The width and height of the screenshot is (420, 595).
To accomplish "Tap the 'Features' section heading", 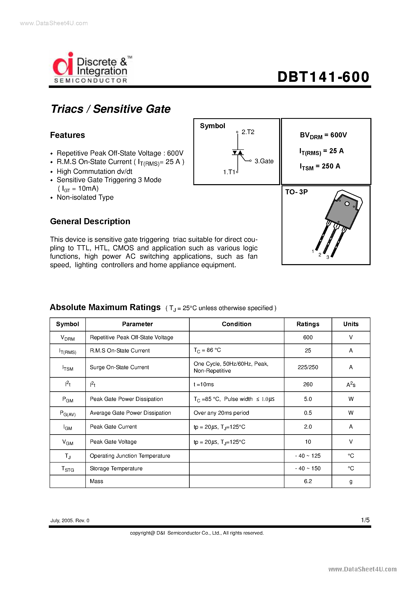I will (67, 135).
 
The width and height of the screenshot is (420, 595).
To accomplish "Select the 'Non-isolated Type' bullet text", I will (85, 197).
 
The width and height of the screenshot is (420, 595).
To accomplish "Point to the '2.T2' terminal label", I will (248, 132).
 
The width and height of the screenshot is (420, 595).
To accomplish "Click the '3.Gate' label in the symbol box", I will (264, 161).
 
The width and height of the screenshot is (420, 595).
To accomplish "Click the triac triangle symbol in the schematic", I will (238, 152).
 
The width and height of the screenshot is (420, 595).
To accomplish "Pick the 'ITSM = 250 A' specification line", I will (320, 166).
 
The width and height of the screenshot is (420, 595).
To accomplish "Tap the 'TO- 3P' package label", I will (296, 192).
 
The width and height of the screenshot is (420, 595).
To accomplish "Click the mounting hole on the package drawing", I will (347, 204).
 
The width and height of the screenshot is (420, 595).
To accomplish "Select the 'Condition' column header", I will (236, 324).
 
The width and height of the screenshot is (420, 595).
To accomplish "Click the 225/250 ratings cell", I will (308, 367).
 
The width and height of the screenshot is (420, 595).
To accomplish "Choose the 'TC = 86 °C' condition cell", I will (207, 350).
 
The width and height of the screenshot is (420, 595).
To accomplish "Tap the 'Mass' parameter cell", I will (96, 481).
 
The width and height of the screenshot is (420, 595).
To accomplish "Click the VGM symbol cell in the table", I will (67, 442).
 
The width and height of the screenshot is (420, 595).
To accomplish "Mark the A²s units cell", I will (351, 385).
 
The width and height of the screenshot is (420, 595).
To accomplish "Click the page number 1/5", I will (365, 520).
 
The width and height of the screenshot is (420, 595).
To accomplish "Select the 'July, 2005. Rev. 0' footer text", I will (70, 520).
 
